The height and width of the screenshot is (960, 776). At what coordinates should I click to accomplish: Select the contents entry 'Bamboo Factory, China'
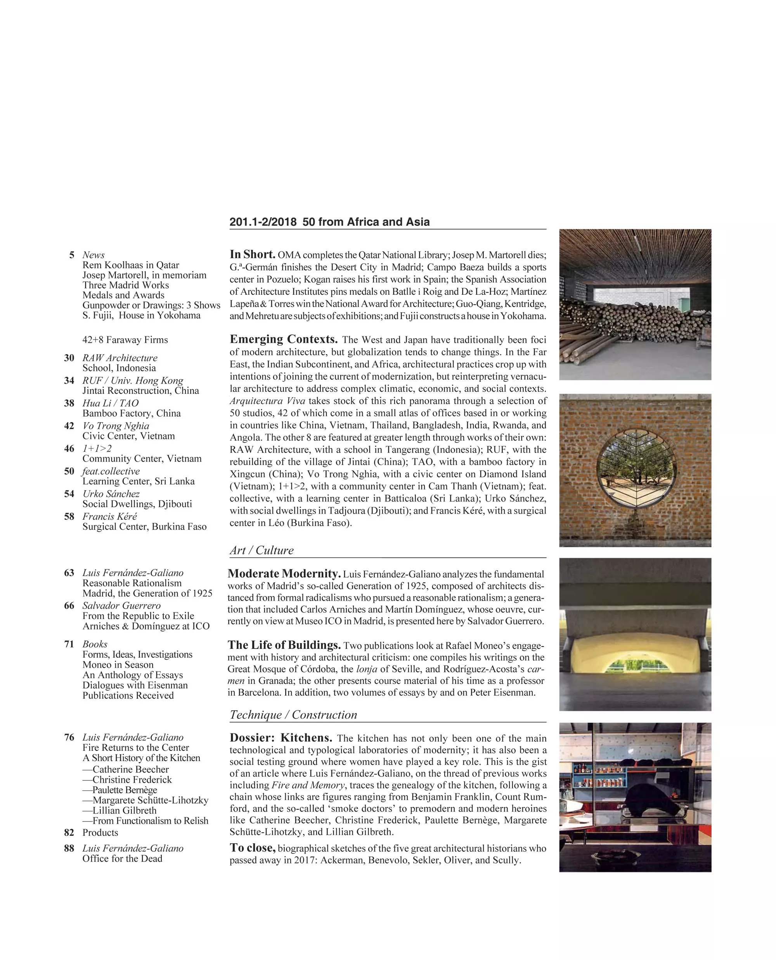pos(132,413)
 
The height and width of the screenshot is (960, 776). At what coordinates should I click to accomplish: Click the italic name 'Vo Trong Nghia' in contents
pos(116,426)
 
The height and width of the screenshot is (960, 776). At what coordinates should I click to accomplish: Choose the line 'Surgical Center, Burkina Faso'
pos(144,526)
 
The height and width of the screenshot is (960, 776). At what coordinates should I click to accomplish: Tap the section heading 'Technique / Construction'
pos(293,714)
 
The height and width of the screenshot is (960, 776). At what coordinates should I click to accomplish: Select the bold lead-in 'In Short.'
pos(253,255)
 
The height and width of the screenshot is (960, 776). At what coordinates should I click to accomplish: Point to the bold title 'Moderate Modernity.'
pos(284,574)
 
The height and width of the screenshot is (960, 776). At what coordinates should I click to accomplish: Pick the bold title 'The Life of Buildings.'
pos(284,645)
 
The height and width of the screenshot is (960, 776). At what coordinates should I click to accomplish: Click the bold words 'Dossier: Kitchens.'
pos(281,738)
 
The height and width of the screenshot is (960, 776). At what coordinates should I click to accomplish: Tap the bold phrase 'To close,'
pos(253,848)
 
